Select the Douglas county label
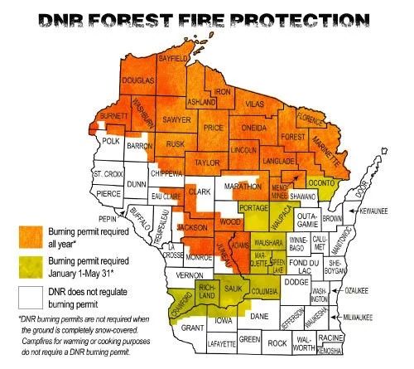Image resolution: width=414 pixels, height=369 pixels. click(137, 80)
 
